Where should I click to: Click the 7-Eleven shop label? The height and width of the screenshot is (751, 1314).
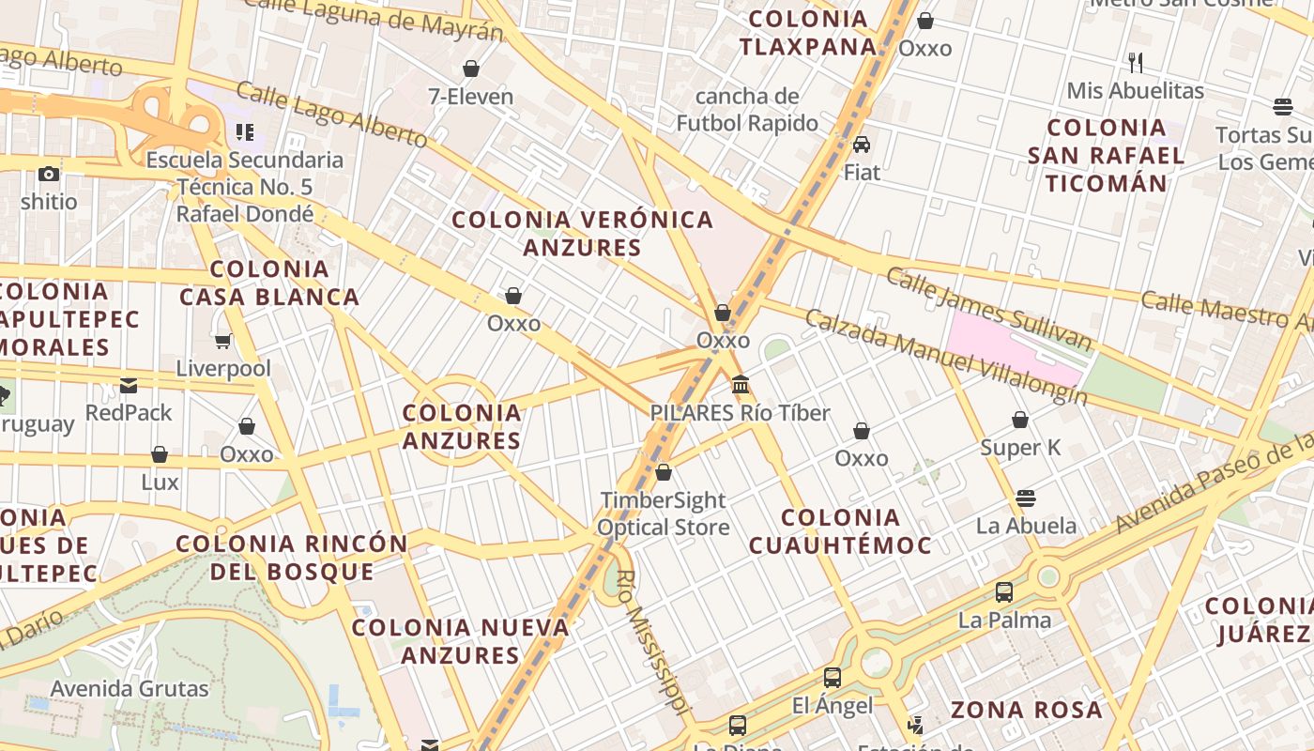click(x=471, y=97)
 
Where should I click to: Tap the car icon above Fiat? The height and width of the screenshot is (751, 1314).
click(x=862, y=145)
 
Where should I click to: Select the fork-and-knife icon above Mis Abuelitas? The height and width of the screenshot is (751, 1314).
click(x=1136, y=63)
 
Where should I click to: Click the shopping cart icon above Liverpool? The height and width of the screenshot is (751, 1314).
click(x=223, y=341)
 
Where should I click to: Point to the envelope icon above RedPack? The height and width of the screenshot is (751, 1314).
click(x=129, y=385)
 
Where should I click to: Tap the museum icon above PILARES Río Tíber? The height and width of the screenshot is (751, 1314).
click(x=741, y=385)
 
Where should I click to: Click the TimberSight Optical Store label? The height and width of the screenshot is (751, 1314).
click(x=664, y=513)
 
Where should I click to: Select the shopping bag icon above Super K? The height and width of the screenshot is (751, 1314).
click(x=1020, y=420)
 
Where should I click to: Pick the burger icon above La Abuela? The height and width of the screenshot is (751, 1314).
click(x=1026, y=498)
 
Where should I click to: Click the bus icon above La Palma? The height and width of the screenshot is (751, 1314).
click(x=1004, y=592)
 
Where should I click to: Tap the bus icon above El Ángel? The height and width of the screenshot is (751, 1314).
click(x=833, y=677)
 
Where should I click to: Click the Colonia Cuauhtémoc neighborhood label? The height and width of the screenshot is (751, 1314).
click(x=841, y=531)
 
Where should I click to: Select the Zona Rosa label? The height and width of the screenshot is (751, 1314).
click(x=1027, y=710)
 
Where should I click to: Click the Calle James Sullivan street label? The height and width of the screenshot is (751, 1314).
click(x=989, y=308)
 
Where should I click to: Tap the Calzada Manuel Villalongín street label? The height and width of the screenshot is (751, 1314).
click(x=946, y=358)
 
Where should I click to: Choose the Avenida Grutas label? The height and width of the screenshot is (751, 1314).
click(x=130, y=688)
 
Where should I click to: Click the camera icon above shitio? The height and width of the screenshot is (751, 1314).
click(x=49, y=174)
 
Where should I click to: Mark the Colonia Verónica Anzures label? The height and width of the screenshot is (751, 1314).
click(x=583, y=234)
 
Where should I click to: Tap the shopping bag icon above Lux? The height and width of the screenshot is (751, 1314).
click(x=160, y=454)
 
